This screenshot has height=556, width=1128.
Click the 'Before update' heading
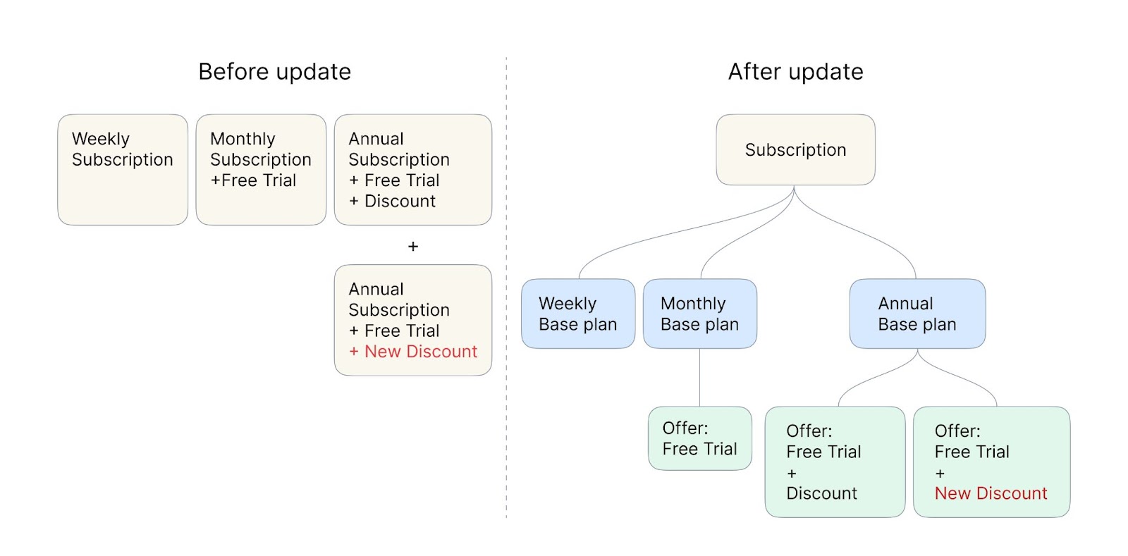coord(274,71)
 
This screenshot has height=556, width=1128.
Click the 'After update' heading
coord(796,71)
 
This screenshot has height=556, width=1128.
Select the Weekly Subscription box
coord(123,170)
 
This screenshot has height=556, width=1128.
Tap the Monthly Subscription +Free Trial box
coord(261,170)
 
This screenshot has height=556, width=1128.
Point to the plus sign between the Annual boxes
coord(413,246)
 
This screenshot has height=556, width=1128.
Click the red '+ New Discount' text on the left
coord(413,351)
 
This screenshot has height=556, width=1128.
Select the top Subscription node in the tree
coord(796,149)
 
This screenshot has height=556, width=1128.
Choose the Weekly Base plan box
coord(578,314)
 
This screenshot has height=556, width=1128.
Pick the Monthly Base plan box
coord(700,314)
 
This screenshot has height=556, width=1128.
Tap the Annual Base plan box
coord(917,314)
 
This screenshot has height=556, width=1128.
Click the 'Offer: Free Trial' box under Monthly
coord(700,438)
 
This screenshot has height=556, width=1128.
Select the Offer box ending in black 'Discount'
coord(835,462)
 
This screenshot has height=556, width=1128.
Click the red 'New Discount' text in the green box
coord(991,493)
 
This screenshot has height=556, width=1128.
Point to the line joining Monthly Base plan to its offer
coord(700,378)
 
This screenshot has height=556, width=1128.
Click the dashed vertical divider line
coord(507,287)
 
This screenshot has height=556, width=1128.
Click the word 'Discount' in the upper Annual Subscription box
coord(400,201)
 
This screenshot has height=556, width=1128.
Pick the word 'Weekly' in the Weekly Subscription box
coord(101,139)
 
